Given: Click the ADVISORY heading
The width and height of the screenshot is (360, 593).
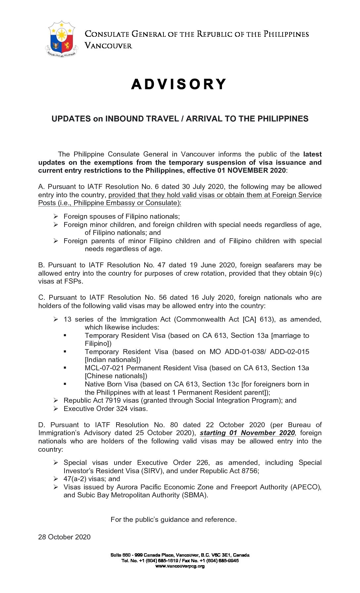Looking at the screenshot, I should pyautogui.click(x=179, y=84).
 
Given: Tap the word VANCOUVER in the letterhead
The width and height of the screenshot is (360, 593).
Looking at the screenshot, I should pyautogui.click(x=109, y=46).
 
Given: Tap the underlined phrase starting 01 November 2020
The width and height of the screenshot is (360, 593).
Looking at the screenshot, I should pyautogui.click(x=247, y=433).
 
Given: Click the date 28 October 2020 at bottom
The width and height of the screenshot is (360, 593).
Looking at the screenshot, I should pyautogui.click(x=64, y=537).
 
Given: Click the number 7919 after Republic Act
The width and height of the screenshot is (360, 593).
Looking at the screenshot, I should pyautogui.click(x=113, y=400).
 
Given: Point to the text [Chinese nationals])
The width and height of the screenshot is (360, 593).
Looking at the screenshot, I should pyautogui.click(x=116, y=376).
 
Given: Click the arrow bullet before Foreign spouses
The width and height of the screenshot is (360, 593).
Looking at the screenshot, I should pyautogui.click(x=56, y=216).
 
